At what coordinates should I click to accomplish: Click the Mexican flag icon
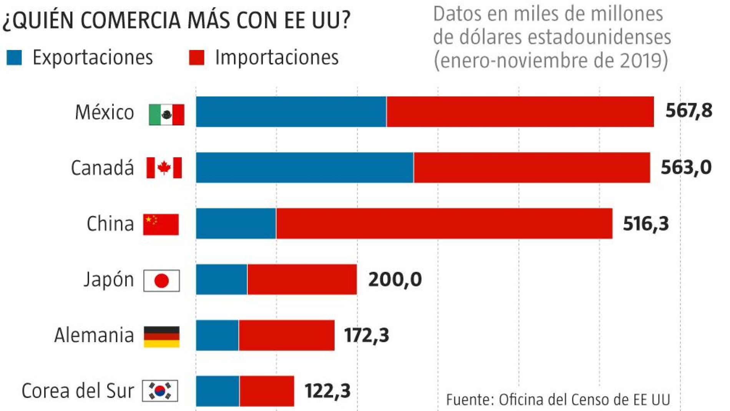point(166,114)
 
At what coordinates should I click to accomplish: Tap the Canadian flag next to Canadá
point(164,168)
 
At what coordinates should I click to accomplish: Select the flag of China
point(161,224)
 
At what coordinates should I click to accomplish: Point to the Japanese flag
point(161,281)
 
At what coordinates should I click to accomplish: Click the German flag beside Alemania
point(161,336)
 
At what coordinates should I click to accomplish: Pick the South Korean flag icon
point(160,391)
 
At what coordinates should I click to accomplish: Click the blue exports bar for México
point(291,111)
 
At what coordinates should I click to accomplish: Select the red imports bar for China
point(444,223)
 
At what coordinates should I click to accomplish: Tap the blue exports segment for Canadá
point(305,168)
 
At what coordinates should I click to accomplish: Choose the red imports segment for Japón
point(302,280)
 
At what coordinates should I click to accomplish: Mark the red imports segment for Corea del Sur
point(267,391)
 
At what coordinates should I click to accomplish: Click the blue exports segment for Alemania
point(217,335)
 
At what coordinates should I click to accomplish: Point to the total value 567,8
point(689,111)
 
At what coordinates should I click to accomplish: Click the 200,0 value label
point(395,280)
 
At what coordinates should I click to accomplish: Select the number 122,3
point(327,391)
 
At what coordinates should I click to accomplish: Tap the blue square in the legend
point(14,58)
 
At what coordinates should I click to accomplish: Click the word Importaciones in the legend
point(277,58)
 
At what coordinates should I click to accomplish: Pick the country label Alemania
point(94,335)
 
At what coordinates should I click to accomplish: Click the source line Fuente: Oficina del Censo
point(558,399)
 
